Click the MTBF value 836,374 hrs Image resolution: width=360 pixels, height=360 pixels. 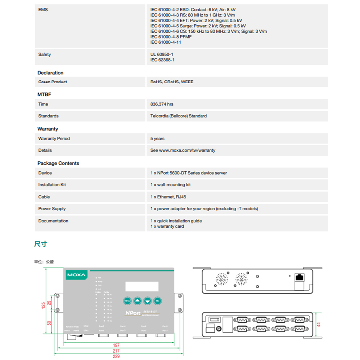tap(162, 104)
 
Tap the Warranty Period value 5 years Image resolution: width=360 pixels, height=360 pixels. tap(157, 139)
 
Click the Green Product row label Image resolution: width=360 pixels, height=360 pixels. tap(53, 82)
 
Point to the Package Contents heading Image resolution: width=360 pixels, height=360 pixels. tap(58, 163)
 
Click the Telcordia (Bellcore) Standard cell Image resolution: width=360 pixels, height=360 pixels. tap(178, 116)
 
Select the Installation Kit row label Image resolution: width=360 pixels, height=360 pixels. tap(52, 185)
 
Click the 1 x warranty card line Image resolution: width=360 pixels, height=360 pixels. tap(167, 226)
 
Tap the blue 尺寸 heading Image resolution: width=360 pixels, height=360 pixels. tap(40, 244)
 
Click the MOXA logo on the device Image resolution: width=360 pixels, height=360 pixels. tap(76, 275)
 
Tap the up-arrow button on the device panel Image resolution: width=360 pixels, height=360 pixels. tap(137, 301)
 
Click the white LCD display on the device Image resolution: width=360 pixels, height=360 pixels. tap(142, 287)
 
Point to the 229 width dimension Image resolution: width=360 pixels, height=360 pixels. tap(116, 356)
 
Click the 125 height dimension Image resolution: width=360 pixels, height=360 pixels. tap(43, 305)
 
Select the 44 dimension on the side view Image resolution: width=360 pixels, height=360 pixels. tap(318, 324)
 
